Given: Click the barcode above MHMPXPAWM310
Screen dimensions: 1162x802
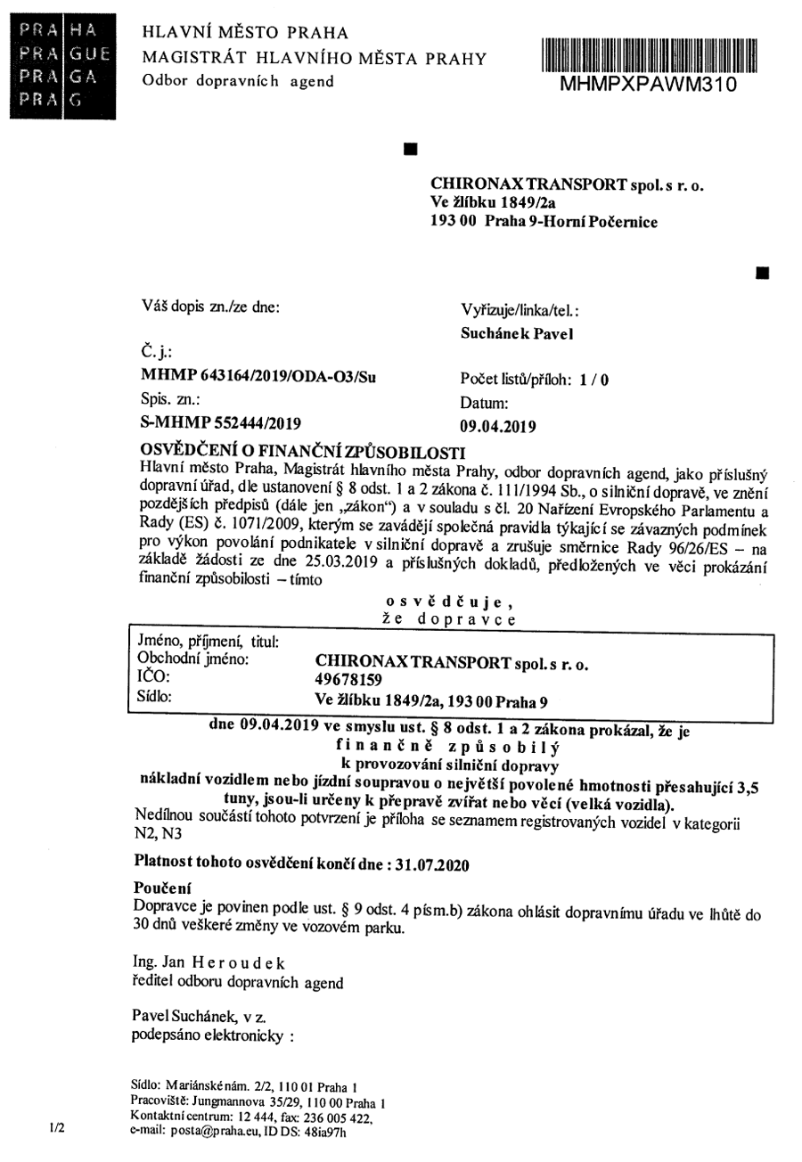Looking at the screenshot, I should point(648,55).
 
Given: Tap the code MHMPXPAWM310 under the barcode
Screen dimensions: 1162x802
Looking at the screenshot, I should point(648,84).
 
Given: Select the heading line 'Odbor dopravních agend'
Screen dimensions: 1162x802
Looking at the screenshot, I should point(238,82).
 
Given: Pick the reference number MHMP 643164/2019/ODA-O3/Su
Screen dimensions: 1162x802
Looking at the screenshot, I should point(258,376).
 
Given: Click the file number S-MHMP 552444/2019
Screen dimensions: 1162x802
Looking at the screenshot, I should point(221,422).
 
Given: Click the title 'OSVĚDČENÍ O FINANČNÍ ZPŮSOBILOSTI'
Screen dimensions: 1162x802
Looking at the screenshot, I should point(303,447).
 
